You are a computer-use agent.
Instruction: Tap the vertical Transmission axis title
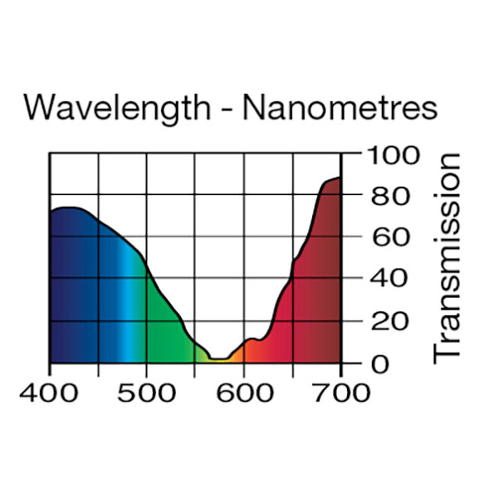tap(447, 257)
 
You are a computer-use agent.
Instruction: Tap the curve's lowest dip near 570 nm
tap(220, 359)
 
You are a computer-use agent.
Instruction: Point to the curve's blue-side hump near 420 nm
tap(68, 207)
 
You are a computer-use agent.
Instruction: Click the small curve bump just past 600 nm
tap(251, 339)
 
